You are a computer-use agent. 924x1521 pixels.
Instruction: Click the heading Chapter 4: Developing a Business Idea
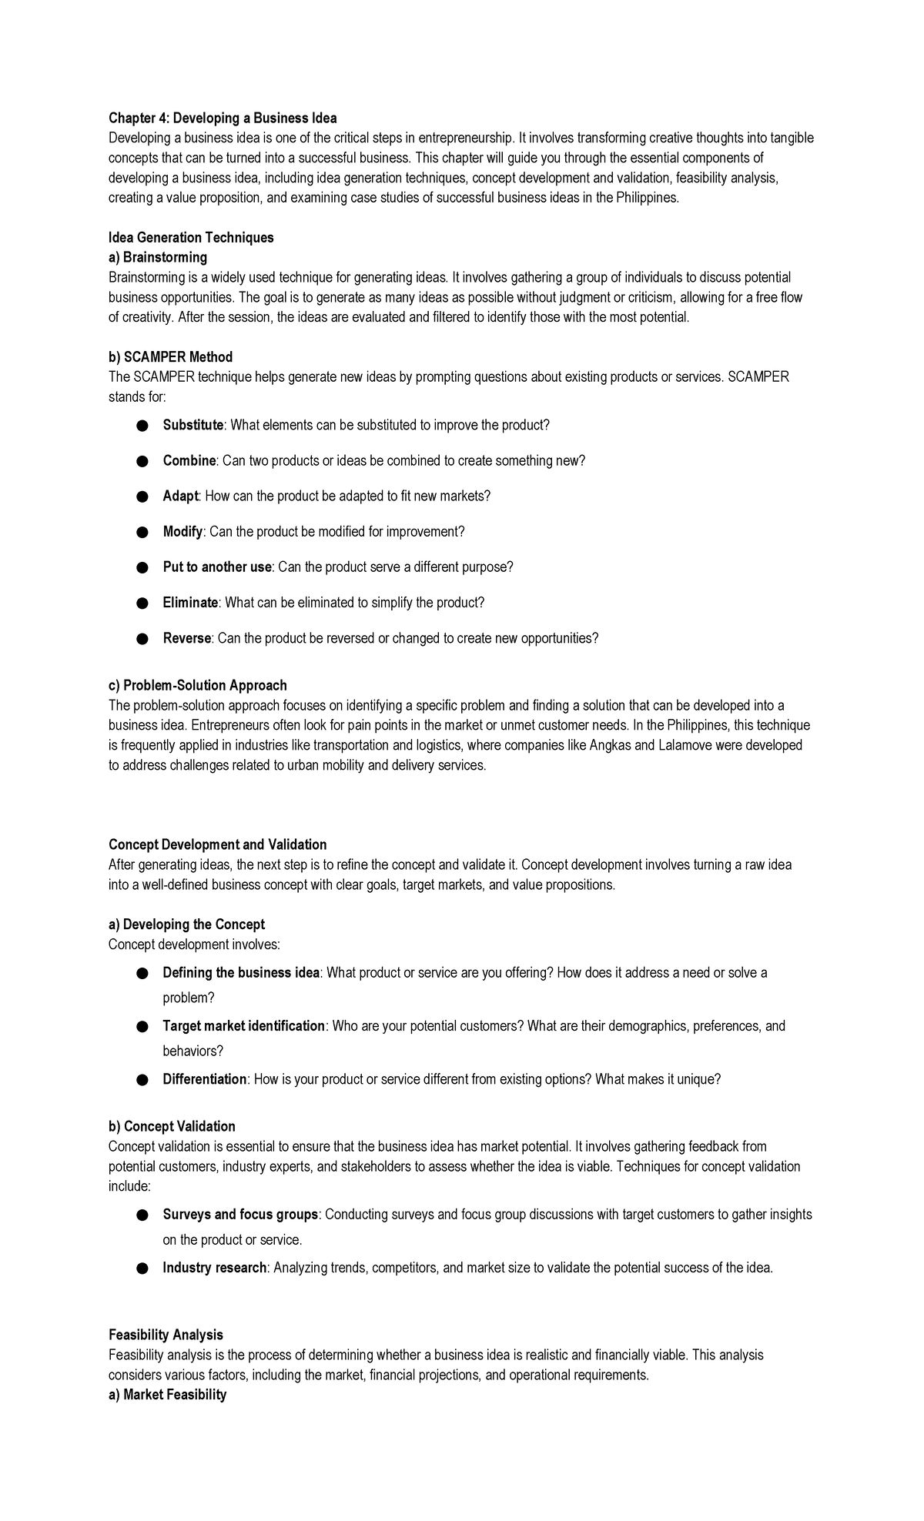[223, 118]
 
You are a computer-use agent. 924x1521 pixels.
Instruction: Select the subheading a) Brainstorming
[158, 257]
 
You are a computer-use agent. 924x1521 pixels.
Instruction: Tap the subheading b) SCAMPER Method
[170, 357]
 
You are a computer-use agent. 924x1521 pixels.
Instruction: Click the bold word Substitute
[192, 425]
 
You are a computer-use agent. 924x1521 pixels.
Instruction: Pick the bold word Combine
[189, 460]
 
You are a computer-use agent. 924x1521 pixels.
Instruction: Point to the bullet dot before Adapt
[142, 496]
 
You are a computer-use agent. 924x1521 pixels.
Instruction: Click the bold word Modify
[182, 532]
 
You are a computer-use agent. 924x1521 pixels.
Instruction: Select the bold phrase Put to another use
[217, 567]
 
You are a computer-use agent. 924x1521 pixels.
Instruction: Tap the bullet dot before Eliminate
[142, 603]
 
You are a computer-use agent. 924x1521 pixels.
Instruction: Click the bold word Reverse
[186, 638]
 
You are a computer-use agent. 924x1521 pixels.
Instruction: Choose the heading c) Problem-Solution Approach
[198, 685]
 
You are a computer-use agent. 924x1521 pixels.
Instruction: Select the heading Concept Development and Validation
[217, 844]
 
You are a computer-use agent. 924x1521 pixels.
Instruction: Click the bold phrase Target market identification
[243, 1026]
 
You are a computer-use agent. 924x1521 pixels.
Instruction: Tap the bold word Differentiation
[204, 1079]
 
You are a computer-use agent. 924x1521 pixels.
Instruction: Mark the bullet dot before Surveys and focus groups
[142, 1215]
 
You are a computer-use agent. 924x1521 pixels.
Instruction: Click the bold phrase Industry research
[214, 1268]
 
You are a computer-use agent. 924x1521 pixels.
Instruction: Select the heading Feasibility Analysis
[166, 1335]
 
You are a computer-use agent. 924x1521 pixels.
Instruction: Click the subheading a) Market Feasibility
[167, 1395]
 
